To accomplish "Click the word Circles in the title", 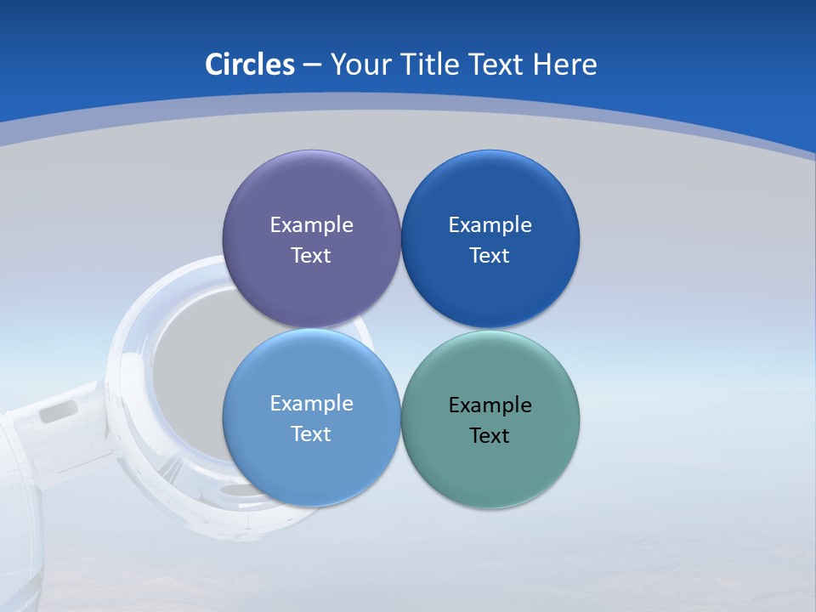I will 250,65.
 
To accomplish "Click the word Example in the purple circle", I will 311,225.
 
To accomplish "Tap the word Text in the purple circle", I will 311,256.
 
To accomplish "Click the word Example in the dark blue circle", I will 490,225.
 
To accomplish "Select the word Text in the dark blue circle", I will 490,256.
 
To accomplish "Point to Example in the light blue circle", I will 311,404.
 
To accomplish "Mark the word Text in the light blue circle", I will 311,434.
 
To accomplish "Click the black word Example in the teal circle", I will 490,405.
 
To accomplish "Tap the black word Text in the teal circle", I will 490,436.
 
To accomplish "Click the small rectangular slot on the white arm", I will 58,413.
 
